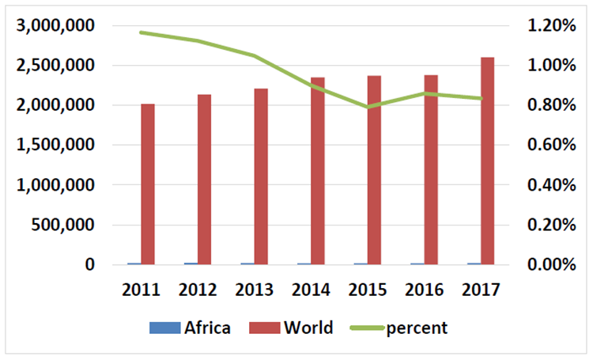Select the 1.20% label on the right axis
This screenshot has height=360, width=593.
point(550,25)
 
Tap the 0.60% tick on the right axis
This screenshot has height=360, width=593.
point(550,145)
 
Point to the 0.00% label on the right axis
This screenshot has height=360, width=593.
point(550,264)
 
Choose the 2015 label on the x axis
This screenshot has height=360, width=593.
point(368,289)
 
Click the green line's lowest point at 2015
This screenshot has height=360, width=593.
point(368,107)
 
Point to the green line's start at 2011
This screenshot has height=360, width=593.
point(142,32)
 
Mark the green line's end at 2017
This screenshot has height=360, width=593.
point(481,98)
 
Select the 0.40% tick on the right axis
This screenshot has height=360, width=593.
point(550,185)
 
